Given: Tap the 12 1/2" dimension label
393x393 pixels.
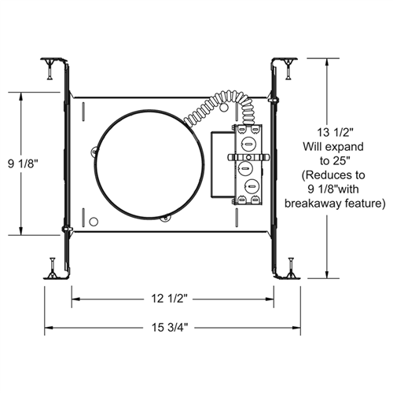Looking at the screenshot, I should [x=171, y=299].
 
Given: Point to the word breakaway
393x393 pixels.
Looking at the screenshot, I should [x=329, y=203].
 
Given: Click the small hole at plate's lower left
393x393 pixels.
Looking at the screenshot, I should [x=93, y=221].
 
